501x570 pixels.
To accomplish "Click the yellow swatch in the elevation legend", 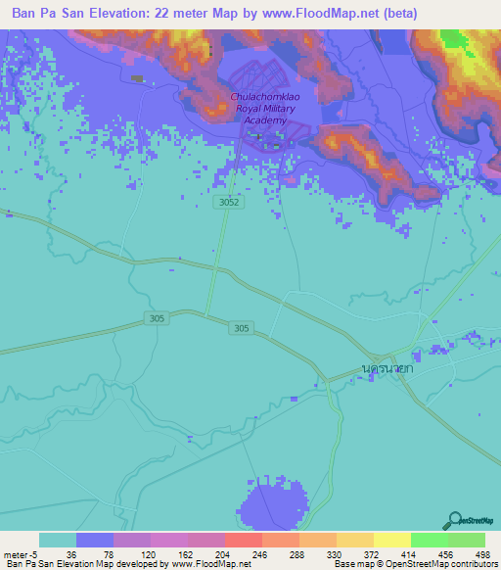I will pyautogui.click(x=391, y=540).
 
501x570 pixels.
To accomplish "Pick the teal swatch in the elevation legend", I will pyautogui.click(x=58, y=540).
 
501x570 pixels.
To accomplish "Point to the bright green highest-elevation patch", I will pyautogui.click(x=453, y=38).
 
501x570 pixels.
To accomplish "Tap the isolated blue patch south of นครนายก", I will pyautogui.click(x=271, y=507).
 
